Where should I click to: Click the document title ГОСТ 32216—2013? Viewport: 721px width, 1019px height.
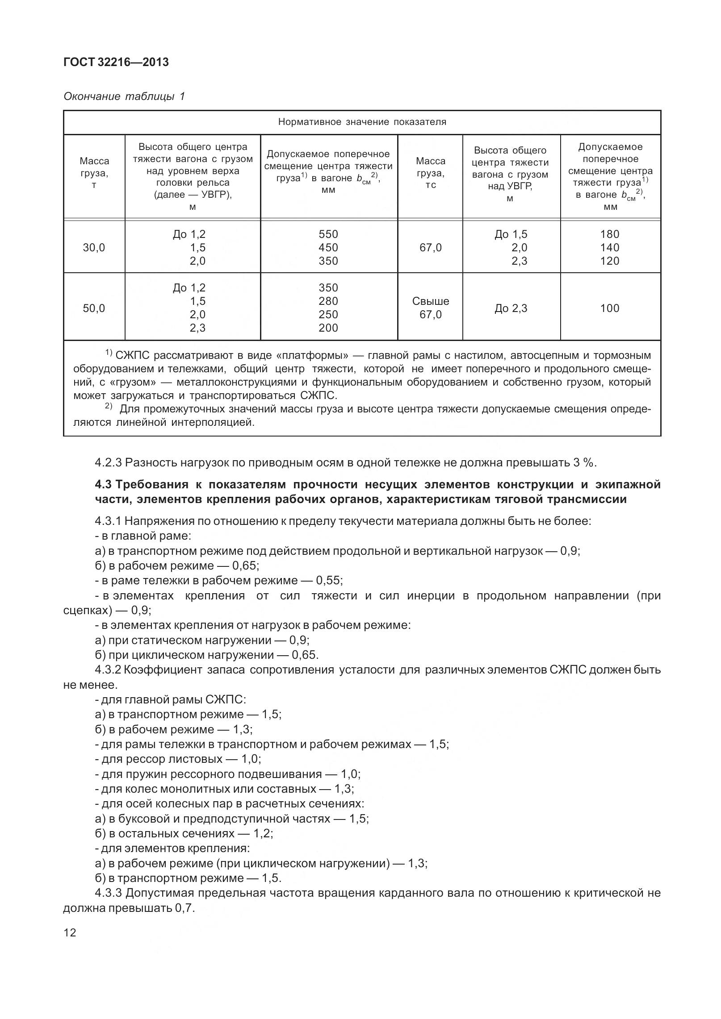116,62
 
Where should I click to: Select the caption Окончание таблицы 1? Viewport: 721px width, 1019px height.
124,96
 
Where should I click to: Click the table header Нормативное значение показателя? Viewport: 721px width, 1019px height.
362,122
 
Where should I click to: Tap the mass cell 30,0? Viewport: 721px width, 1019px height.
94,248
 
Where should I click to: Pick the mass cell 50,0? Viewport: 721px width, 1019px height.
94,308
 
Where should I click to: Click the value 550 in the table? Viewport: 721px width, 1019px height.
328,234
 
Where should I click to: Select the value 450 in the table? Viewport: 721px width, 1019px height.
328,248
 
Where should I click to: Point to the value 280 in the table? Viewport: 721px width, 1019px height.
328,301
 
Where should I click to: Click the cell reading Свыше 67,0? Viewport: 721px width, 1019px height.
430,308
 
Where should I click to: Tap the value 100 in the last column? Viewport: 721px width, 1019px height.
610,308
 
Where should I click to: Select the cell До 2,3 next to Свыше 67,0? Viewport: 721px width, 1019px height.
511,308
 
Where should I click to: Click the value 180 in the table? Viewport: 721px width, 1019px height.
610,234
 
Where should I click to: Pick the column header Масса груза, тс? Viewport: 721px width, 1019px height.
430,173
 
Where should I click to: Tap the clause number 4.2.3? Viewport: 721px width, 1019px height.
108,462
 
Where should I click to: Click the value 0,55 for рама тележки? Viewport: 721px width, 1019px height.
329,581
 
